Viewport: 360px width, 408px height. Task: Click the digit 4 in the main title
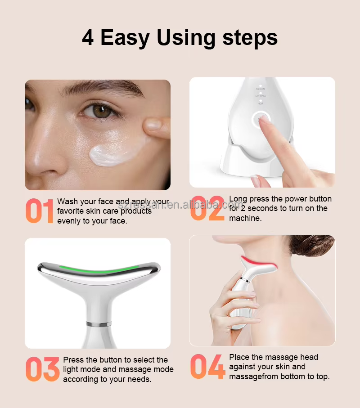click(88, 38)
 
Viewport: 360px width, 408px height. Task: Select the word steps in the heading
click(250, 39)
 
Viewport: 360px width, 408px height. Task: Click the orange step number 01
click(40, 211)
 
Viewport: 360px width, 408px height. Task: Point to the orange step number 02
click(207, 208)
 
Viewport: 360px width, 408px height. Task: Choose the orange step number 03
click(43, 369)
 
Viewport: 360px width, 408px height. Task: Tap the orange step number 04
click(208, 366)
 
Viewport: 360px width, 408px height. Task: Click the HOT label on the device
click(261, 103)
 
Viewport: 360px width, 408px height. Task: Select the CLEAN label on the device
click(261, 89)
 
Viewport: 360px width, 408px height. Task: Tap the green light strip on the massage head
click(99, 269)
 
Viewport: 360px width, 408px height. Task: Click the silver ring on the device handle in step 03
click(99, 324)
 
